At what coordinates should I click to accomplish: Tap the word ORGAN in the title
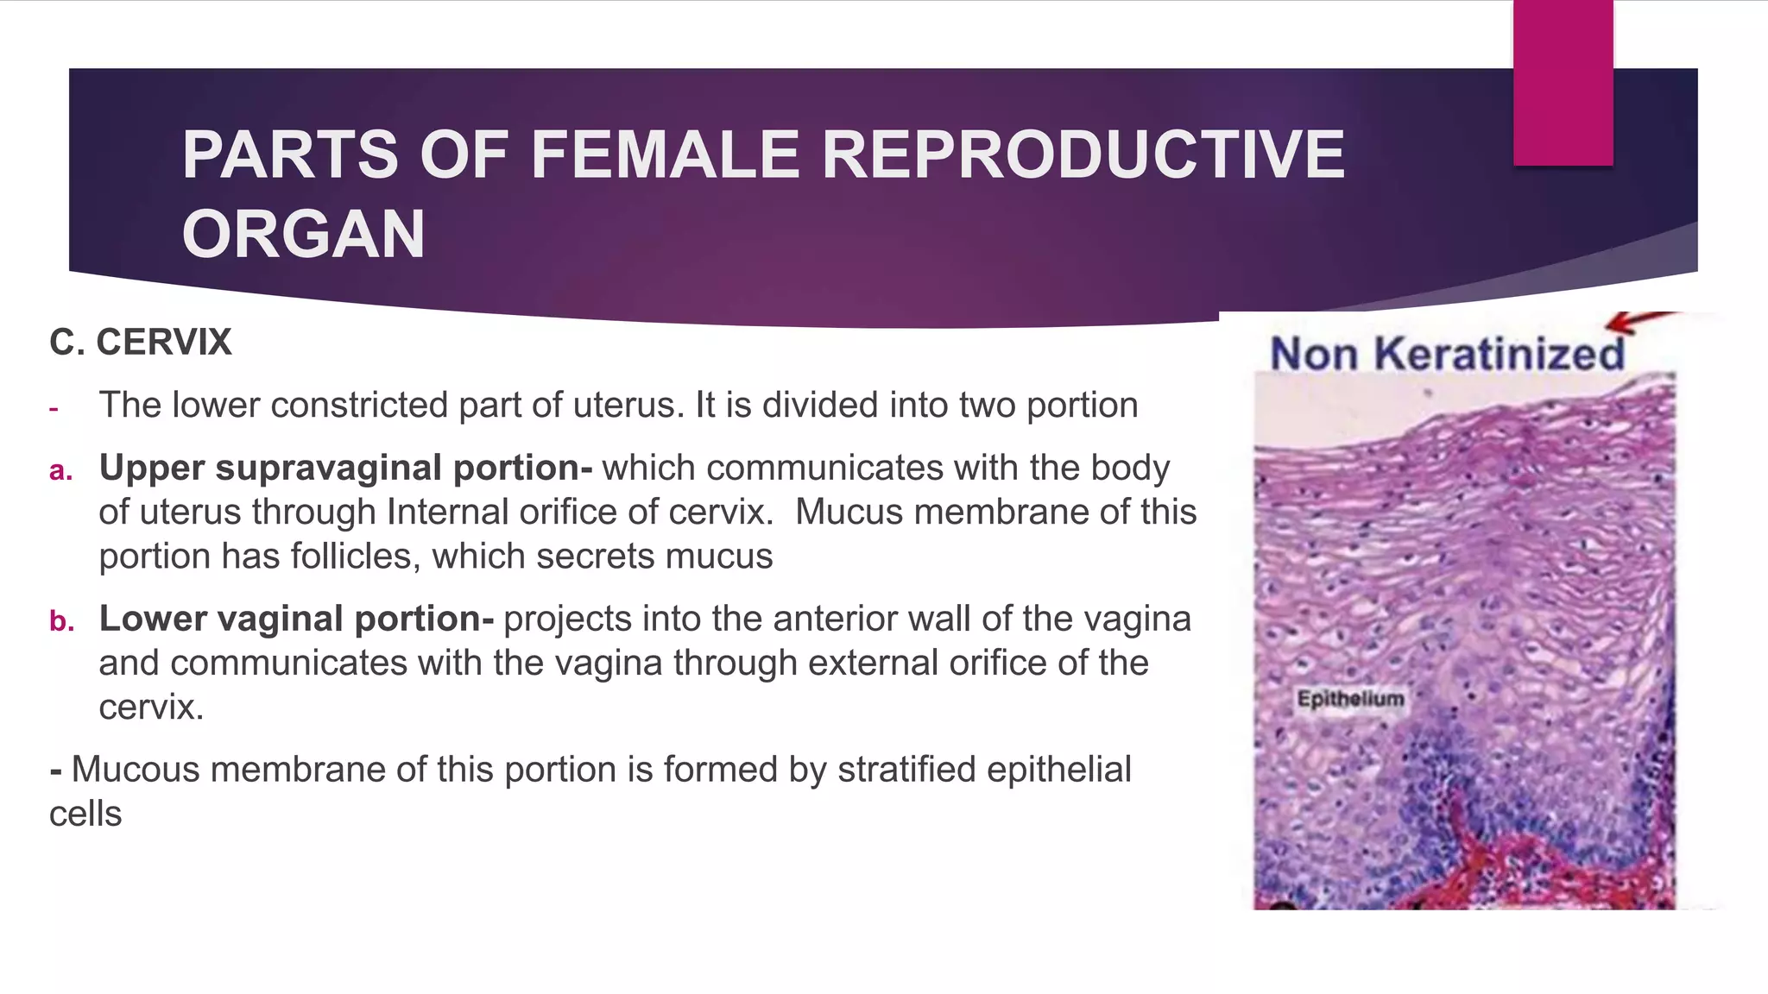tap(303, 235)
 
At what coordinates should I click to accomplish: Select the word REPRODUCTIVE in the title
tap(1083, 155)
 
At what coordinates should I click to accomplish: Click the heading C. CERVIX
tap(141, 343)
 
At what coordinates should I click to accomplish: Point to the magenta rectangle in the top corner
tap(1563, 82)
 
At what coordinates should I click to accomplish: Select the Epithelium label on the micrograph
tap(1350, 699)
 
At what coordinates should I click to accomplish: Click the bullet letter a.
tap(60, 471)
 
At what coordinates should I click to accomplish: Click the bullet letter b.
tap(60, 621)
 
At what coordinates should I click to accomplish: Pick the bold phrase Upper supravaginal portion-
tap(345, 468)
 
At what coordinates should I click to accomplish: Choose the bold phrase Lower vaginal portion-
tap(296, 619)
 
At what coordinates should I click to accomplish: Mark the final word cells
tap(85, 815)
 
